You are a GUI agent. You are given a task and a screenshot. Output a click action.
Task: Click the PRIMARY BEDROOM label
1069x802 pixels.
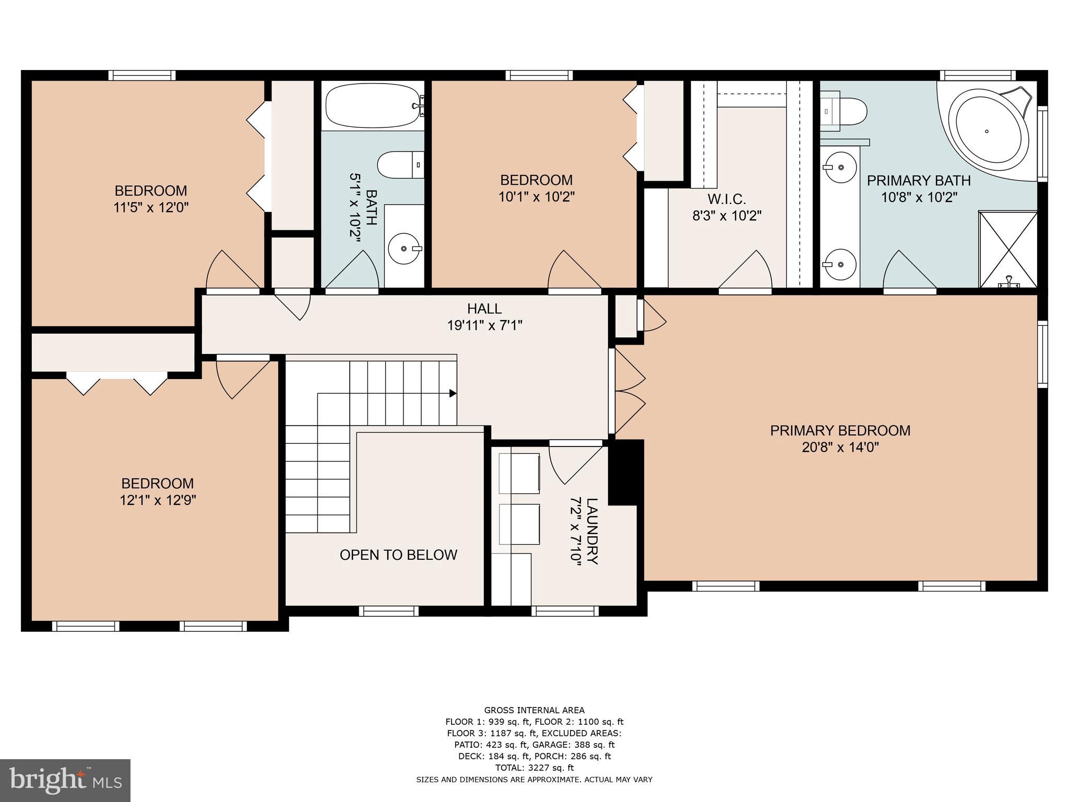(x=840, y=431)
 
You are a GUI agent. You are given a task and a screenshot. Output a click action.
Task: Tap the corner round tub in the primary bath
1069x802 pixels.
(x=987, y=132)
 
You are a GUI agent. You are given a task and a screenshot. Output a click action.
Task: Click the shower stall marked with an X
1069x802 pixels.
(x=1007, y=249)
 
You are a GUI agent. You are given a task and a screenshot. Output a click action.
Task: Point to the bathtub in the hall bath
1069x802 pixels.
(x=372, y=106)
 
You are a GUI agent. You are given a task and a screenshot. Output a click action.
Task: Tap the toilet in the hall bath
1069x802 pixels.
(x=400, y=164)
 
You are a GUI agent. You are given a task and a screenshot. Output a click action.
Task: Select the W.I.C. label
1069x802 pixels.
(x=726, y=199)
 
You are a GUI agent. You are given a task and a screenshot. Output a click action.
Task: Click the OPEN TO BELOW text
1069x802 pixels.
(x=398, y=555)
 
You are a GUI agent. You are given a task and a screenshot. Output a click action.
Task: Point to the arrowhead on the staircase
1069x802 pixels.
(x=453, y=393)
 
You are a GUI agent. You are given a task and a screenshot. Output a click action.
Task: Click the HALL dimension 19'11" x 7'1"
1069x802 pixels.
(x=484, y=325)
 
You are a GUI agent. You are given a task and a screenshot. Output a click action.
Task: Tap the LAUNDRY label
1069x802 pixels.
(x=592, y=531)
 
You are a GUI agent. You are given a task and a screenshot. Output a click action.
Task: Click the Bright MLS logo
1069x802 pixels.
(x=65, y=780)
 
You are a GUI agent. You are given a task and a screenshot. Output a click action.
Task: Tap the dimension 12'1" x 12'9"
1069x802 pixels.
(x=158, y=500)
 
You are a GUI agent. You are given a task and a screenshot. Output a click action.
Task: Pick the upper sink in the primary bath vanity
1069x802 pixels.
(x=840, y=168)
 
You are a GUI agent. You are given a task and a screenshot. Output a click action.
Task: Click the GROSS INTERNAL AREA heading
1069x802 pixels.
(x=534, y=710)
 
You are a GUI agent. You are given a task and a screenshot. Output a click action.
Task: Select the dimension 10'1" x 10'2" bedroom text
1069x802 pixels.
(x=536, y=197)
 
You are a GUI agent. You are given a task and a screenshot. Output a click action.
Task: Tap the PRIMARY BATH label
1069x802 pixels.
(x=919, y=181)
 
